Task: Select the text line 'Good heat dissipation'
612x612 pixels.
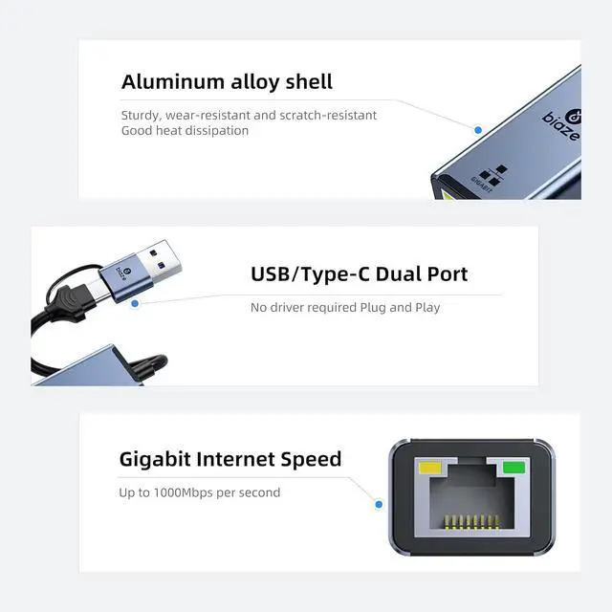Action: pos(185,130)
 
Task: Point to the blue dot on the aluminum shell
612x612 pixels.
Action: pos(477,127)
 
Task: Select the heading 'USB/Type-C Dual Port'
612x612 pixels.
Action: pos(360,274)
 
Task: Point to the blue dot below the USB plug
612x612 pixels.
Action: pos(135,303)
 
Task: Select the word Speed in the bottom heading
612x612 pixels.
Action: pos(312,459)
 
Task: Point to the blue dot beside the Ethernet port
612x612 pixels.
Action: pos(379,504)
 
